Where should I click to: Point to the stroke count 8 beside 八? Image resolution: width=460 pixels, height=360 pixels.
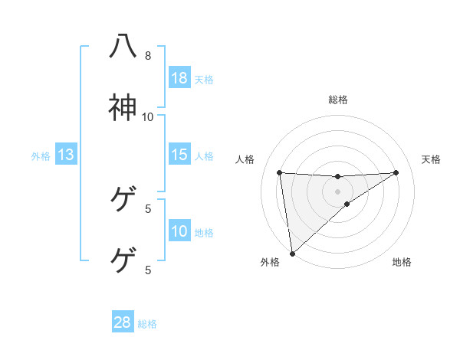click(x=148, y=56)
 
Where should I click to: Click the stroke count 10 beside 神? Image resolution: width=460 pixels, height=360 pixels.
click(x=148, y=116)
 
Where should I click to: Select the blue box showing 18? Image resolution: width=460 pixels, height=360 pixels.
click(x=179, y=78)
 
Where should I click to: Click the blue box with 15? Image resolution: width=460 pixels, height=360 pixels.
click(x=179, y=155)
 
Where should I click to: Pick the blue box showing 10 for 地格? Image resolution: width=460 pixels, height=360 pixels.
click(x=179, y=231)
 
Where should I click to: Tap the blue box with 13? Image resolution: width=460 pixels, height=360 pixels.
click(x=66, y=155)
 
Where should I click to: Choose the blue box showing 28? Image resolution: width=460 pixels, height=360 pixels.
click(x=123, y=322)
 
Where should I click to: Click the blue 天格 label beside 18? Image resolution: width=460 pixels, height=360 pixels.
click(x=204, y=80)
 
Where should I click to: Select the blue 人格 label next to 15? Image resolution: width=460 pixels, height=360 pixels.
click(x=204, y=156)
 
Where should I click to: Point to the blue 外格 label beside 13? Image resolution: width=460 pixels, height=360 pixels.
click(x=41, y=156)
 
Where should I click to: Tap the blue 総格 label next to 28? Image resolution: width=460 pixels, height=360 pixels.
click(x=147, y=324)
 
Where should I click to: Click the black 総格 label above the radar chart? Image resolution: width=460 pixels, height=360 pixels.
click(x=338, y=100)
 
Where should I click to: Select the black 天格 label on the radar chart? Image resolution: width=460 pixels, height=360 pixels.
click(x=432, y=159)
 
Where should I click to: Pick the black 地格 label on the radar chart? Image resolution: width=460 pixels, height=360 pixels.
click(x=402, y=263)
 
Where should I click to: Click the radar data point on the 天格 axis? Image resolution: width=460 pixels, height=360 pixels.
click(x=396, y=172)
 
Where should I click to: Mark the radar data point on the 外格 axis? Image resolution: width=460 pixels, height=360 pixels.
click(x=292, y=253)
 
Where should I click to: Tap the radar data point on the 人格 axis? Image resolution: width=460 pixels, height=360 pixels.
click(x=280, y=172)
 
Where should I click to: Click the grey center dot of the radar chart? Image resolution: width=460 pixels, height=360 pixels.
click(x=338, y=191)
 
